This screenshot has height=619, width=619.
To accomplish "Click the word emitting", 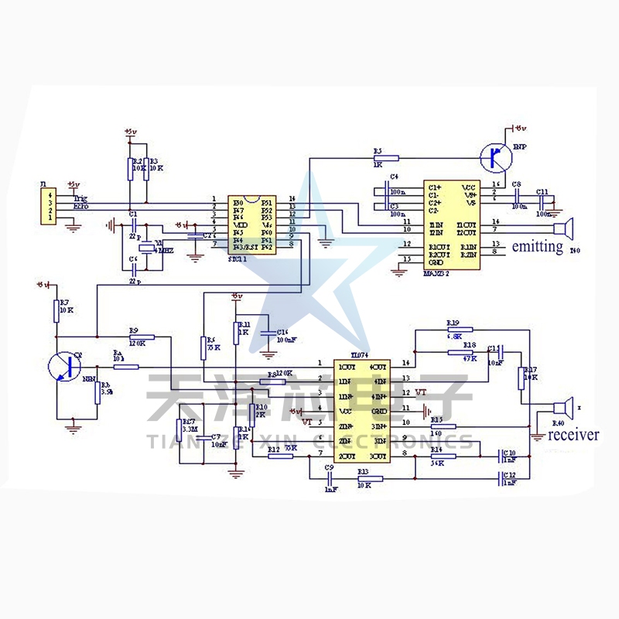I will click(537, 246).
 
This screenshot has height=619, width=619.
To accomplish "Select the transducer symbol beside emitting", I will click(565, 229).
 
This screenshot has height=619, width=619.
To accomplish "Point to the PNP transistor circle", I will click(493, 158).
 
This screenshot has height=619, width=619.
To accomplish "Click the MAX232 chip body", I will click(451, 225).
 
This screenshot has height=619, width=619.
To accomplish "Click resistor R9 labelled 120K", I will click(142, 337).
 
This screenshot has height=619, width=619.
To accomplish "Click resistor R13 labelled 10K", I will click(364, 479).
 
